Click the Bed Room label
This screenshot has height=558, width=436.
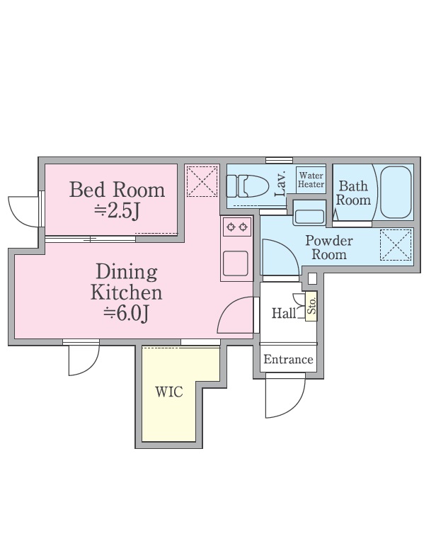click(117, 190)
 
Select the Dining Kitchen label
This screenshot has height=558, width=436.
click(127, 282)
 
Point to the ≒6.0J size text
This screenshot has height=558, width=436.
click(126, 314)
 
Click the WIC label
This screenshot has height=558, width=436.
click(169, 391)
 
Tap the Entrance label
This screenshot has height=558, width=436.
click(288, 360)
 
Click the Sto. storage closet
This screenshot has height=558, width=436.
click(311, 307)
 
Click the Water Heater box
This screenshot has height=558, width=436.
click(311, 180)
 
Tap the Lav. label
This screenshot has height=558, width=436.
click(279, 182)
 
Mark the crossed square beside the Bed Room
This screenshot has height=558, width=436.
click(201, 181)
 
